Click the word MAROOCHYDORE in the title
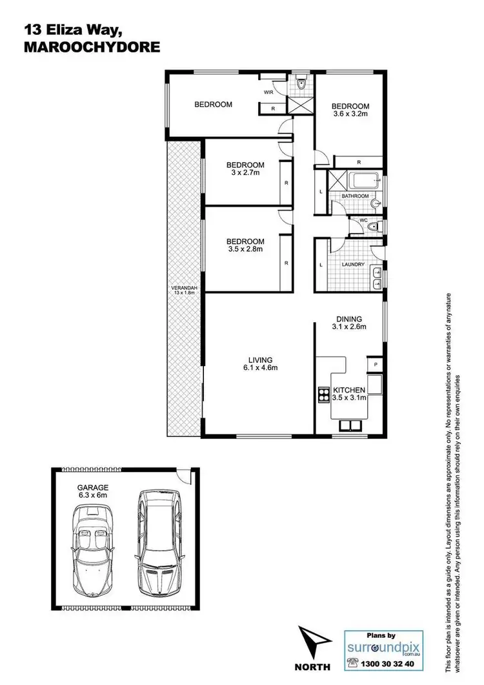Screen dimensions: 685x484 (x=91, y=47)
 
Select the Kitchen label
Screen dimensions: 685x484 (x=349, y=390)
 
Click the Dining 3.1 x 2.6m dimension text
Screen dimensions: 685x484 (x=349, y=327)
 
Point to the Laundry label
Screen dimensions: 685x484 (x=353, y=265)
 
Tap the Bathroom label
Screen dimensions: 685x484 (x=355, y=196)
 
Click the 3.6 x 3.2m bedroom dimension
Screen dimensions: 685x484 (x=350, y=114)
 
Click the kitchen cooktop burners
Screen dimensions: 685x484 (x=323, y=394)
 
